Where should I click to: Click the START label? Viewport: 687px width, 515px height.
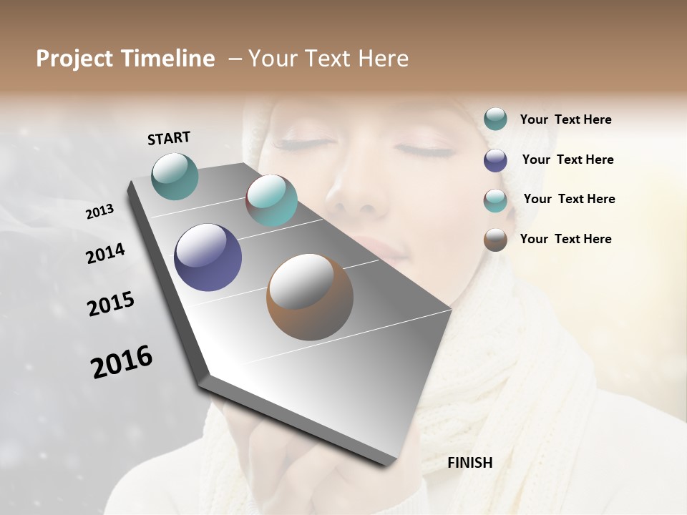click(x=169, y=138)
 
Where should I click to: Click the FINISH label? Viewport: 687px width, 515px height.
click(x=470, y=463)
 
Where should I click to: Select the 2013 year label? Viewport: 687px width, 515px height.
click(x=100, y=212)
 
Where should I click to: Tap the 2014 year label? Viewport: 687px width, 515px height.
click(x=105, y=253)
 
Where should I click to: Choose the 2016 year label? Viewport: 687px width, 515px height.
click(x=122, y=361)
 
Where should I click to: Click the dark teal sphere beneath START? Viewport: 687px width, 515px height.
click(x=175, y=176)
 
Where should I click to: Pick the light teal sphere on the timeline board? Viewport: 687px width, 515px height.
click(x=271, y=200)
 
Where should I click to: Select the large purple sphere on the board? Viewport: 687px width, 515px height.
click(x=208, y=257)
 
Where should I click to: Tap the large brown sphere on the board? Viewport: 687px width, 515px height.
click(x=310, y=297)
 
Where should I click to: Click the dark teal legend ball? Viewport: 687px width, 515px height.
click(x=495, y=119)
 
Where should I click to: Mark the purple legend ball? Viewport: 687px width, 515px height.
click(x=495, y=160)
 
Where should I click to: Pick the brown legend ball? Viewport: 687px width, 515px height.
click(x=495, y=239)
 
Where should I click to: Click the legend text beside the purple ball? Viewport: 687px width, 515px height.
click(x=567, y=160)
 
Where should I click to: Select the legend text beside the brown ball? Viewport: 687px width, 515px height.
click(x=565, y=239)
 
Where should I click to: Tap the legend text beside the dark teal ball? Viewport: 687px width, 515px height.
click(x=565, y=119)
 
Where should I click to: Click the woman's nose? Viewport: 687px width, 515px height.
click(x=354, y=197)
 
